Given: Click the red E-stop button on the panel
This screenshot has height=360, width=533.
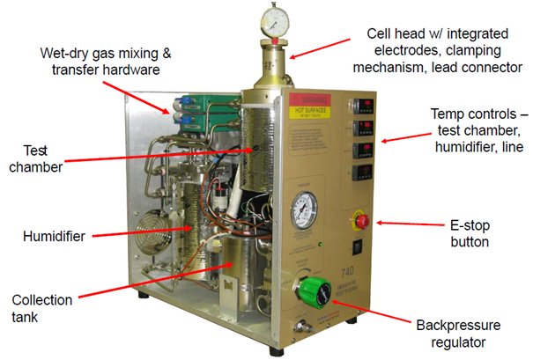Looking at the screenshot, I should tap(361, 218).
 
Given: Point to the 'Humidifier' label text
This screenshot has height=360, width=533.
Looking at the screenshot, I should tap(51, 236).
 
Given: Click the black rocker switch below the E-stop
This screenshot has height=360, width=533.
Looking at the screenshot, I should tap(360, 249).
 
